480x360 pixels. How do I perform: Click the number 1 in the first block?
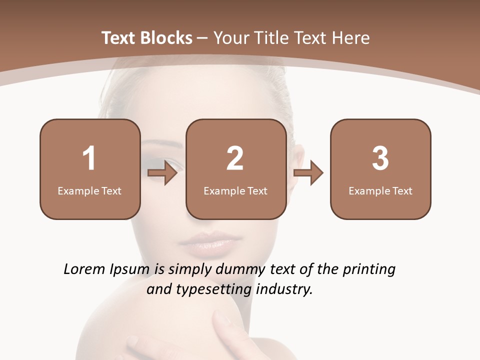[89, 158]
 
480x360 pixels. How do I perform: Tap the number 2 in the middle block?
[235, 158]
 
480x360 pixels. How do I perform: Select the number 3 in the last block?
[380, 158]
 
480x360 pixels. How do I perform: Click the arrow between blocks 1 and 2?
[163, 173]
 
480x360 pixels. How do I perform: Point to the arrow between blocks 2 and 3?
[308, 173]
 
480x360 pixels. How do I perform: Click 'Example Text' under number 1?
[89, 190]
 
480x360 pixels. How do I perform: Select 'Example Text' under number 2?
[235, 190]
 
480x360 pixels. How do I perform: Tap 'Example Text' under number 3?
[380, 190]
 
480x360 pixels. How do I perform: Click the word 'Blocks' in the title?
[166, 38]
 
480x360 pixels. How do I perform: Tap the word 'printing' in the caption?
[368, 269]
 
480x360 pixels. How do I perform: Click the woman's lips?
[205, 242]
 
